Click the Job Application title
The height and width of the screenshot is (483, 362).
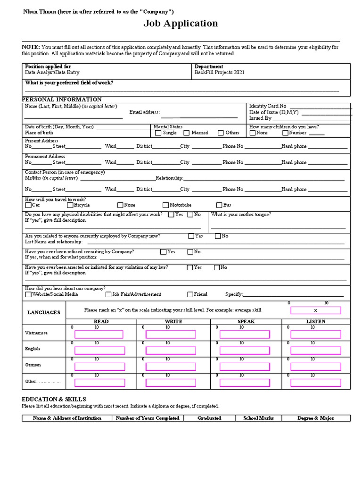181,24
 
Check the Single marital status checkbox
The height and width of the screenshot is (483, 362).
158,133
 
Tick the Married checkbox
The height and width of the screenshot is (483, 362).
187,133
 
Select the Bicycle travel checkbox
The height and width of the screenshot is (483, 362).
70,205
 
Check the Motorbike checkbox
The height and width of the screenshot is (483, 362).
165,205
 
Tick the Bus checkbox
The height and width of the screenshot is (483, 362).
219,205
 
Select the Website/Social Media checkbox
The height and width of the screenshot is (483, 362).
28,294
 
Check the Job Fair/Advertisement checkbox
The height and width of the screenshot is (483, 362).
108,294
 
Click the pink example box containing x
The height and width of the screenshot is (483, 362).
315,310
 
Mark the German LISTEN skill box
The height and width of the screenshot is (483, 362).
315,366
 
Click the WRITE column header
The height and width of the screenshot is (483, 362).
173,321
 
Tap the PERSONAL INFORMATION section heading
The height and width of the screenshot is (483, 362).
62,100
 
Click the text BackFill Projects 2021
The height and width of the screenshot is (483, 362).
219,73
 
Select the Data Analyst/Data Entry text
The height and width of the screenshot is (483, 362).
52,73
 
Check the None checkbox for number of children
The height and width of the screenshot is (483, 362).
252,133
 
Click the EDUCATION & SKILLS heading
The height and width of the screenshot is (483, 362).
54,399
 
